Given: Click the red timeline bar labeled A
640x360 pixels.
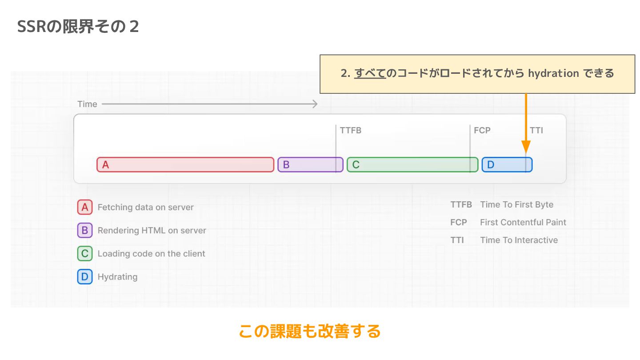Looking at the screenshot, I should [x=185, y=165].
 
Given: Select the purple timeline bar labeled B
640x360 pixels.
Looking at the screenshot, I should [x=310, y=165].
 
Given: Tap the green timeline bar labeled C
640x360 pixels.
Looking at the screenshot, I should [x=412, y=165].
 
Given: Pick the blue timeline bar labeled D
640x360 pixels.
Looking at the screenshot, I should [x=507, y=165].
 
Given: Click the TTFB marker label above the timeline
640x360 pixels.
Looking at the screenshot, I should [x=350, y=131].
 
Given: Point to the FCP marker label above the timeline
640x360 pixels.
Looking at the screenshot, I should [x=482, y=131].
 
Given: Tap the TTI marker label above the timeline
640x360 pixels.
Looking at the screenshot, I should [x=536, y=131].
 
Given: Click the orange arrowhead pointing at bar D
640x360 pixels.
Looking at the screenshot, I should [x=526, y=148].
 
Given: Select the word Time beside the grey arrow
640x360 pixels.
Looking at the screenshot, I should [x=87, y=104].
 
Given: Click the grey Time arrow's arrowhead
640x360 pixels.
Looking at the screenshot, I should [x=315, y=104].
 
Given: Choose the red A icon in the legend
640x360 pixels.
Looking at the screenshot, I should [x=85, y=207].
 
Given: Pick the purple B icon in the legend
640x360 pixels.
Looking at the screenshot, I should [x=85, y=230].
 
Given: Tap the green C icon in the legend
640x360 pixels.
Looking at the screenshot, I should [x=85, y=254].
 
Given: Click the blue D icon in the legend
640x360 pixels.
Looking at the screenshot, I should [x=85, y=277].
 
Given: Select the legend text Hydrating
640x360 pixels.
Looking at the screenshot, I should [x=117, y=277].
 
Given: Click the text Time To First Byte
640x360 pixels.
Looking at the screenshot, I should [x=516, y=205].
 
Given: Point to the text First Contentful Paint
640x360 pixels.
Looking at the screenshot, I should [x=523, y=222].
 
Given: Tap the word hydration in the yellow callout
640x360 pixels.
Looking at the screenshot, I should [x=553, y=73].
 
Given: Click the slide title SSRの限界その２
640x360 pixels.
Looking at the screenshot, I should [x=78, y=27].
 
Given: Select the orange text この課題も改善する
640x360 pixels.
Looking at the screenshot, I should [x=310, y=331].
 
